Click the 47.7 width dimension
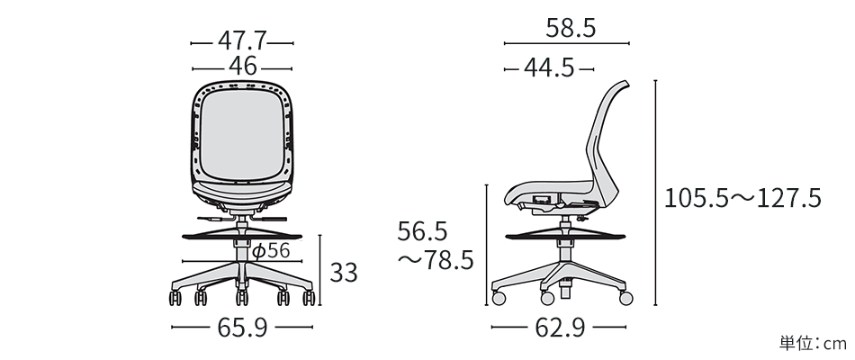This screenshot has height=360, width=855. pyautogui.click(x=242, y=40)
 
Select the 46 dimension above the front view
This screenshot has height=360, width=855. pyautogui.click(x=243, y=67)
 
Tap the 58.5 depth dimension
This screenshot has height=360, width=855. pyautogui.click(x=571, y=28)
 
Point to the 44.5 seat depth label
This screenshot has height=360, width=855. pyautogui.click(x=549, y=67)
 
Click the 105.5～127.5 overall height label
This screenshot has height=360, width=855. pyautogui.click(x=742, y=198)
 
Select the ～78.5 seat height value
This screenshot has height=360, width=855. pyautogui.click(x=435, y=261)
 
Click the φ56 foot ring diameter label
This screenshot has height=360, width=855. pyautogui.click(x=271, y=251)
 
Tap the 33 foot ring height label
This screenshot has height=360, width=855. pyautogui.click(x=344, y=273)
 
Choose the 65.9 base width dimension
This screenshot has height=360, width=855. pyautogui.click(x=243, y=328)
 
